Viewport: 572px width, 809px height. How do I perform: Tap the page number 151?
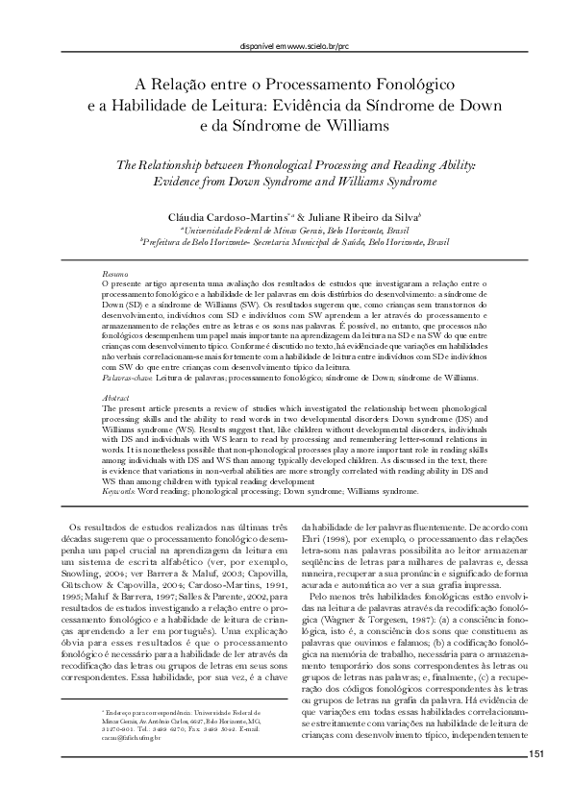(x=535, y=755)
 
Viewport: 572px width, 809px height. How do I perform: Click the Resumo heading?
(x=114, y=273)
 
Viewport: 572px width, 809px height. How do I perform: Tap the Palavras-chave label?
(x=124, y=379)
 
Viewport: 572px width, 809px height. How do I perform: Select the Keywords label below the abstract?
(x=119, y=490)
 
